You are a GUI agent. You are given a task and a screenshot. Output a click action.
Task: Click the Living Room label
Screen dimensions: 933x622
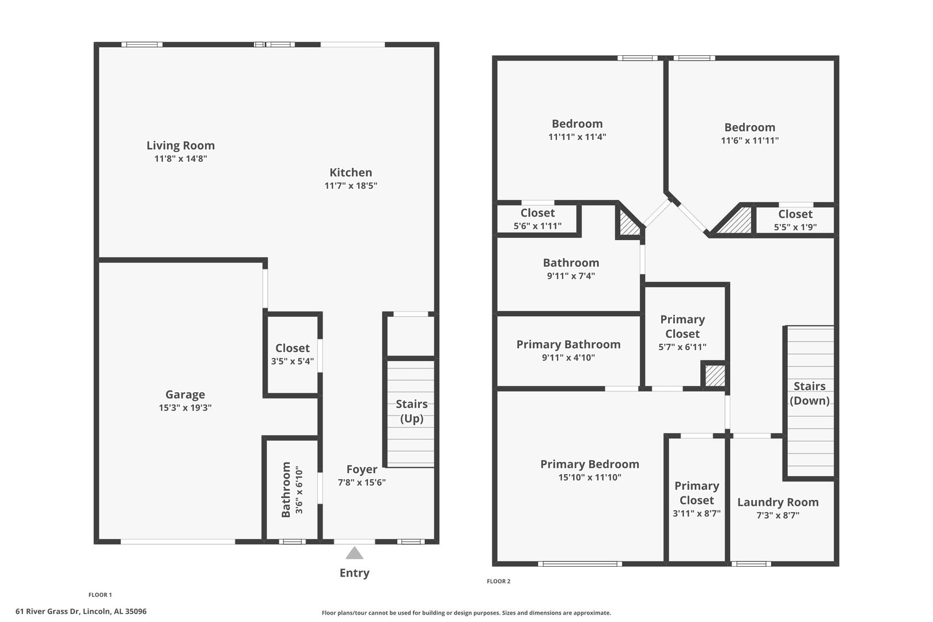tap(180, 145)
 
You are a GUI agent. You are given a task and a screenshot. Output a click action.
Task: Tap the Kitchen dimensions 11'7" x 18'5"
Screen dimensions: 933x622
tap(351, 185)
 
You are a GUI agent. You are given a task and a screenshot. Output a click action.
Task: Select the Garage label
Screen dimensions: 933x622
tap(185, 395)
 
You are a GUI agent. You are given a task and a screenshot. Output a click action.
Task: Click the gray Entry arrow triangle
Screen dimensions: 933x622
tap(354, 553)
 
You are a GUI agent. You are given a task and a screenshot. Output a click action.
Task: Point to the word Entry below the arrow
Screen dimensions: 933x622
tap(354, 573)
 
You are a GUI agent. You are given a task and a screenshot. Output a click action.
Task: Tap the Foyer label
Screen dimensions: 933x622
tap(362, 469)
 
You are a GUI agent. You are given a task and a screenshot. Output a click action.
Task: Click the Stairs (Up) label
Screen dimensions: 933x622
tap(412, 411)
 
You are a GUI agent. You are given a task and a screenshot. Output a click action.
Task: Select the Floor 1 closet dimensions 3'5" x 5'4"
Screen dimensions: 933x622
tap(293, 361)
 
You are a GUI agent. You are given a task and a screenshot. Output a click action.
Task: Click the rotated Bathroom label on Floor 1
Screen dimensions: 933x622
tap(286, 490)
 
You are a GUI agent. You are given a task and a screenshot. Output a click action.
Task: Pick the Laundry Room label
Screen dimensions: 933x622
tap(777, 502)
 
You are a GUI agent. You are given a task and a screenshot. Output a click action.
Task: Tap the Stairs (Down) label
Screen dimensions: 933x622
tap(809, 393)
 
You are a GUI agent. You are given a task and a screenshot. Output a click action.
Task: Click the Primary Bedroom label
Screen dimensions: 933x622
tap(589, 464)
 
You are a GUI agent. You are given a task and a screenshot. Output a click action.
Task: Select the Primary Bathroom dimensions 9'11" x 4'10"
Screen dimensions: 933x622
tap(568, 358)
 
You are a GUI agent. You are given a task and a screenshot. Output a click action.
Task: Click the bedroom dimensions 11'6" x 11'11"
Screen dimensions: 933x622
tap(750, 141)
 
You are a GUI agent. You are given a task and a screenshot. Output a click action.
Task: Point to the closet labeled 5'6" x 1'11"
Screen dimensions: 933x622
tap(537, 219)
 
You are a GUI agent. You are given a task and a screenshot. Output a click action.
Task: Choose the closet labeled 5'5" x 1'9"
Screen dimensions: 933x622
tap(795, 220)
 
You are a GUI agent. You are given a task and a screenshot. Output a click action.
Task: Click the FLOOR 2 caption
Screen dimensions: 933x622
tap(498, 581)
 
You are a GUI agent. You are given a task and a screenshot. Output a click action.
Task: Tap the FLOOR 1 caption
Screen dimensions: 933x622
tap(100, 595)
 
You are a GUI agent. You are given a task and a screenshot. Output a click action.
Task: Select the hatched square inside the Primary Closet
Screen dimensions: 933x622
tap(715, 376)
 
